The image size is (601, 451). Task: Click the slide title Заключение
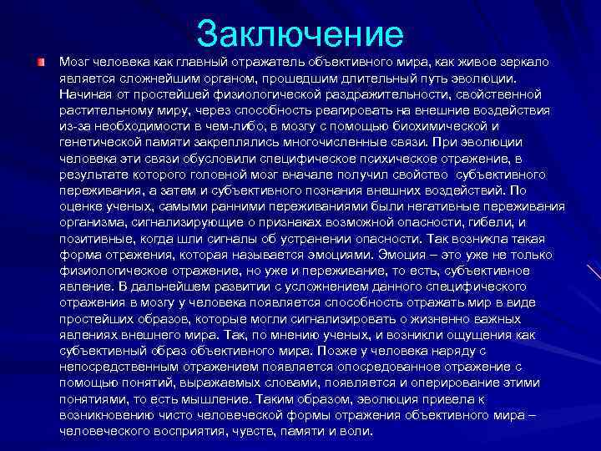click(x=300, y=33)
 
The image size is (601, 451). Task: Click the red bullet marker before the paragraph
click(x=40, y=63)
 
